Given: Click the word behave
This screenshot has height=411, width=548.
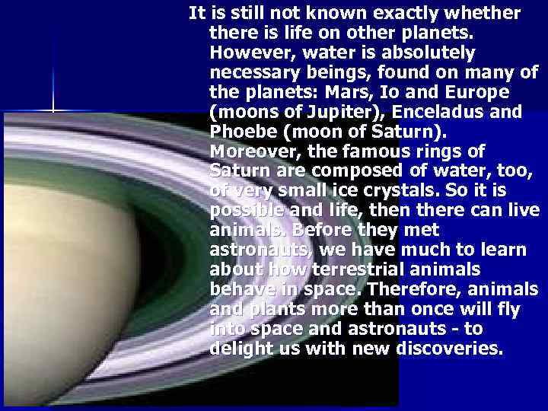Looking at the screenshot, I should click(240, 290).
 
